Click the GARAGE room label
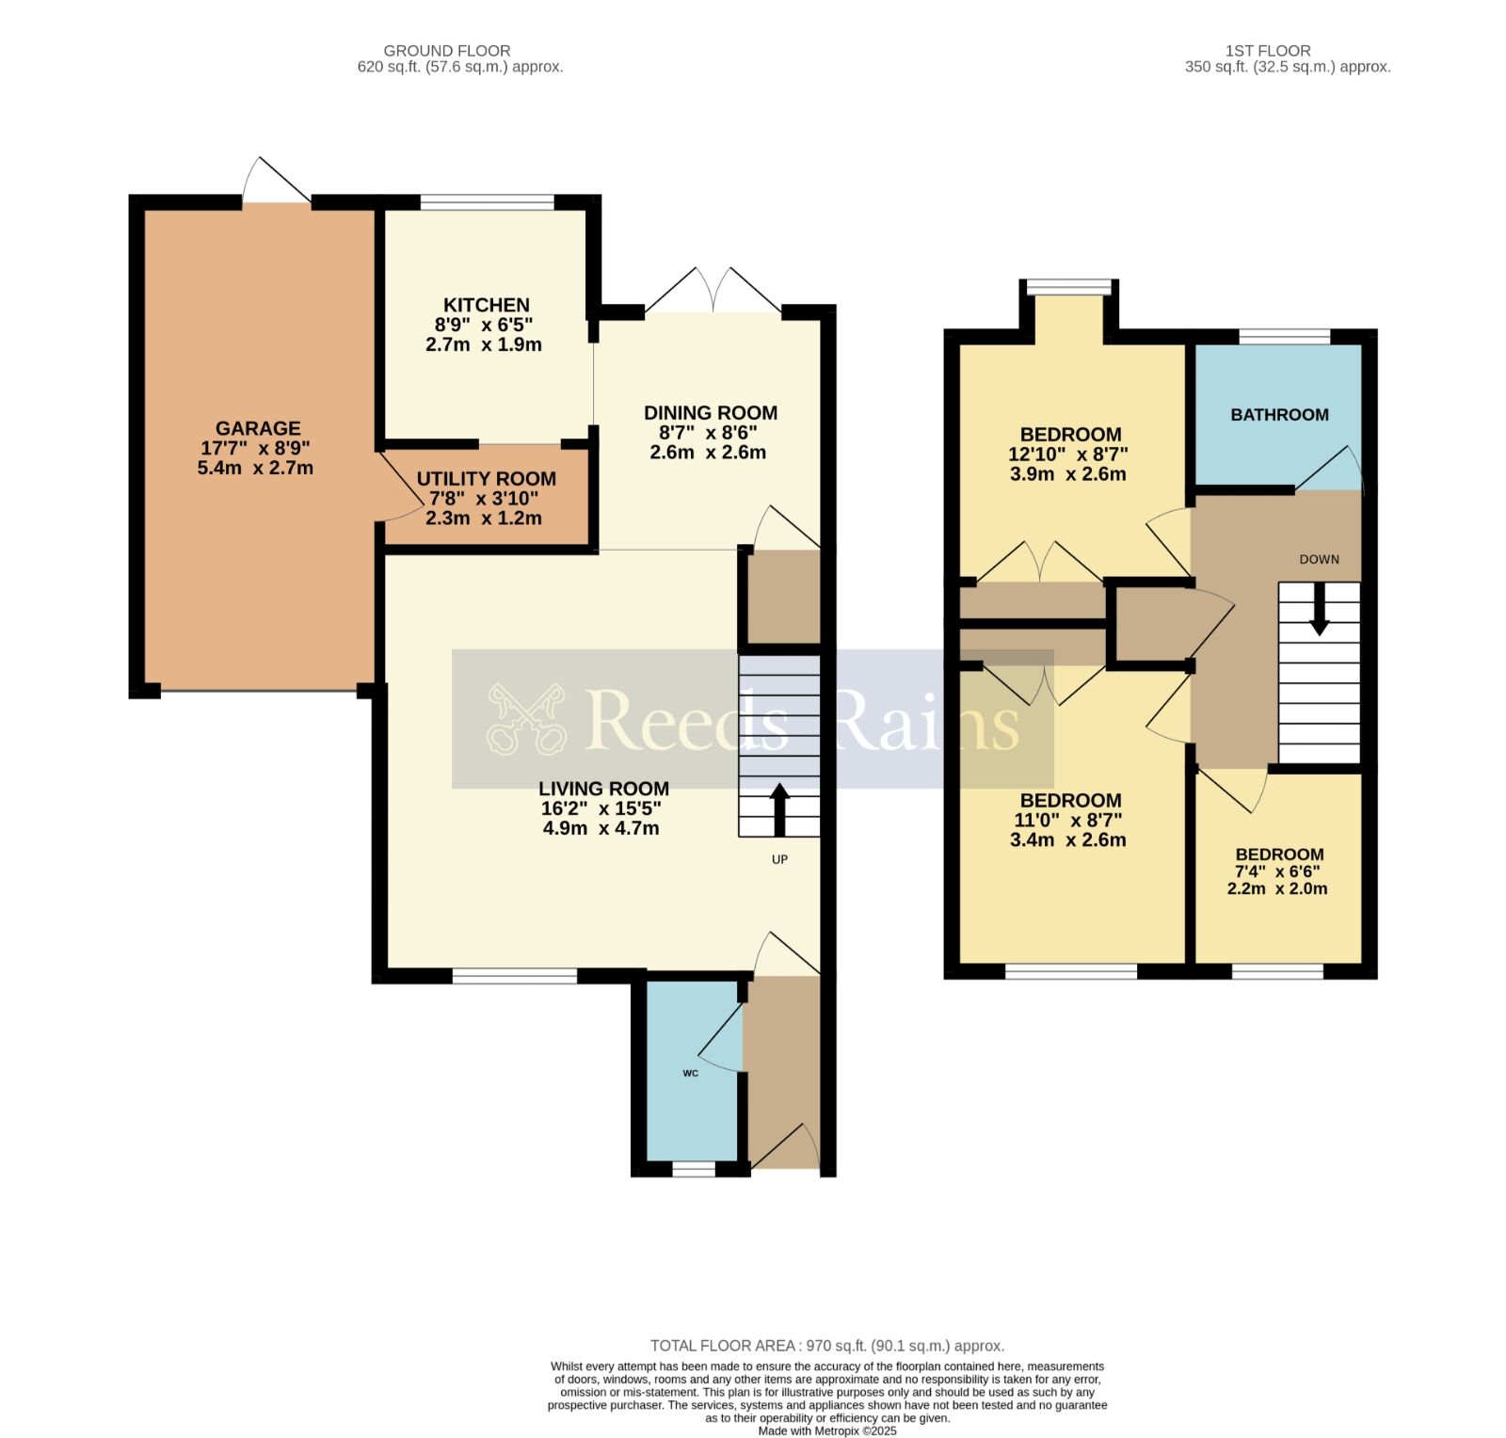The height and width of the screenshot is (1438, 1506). (258, 428)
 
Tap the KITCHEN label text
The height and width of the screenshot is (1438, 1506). (487, 305)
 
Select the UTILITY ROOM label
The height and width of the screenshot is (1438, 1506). (487, 479)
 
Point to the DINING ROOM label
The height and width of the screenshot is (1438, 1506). (711, 412)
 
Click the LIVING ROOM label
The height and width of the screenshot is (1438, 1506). (603, 789)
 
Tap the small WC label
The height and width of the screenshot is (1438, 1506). (691, 1074)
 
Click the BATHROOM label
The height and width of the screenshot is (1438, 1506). (1279, 415)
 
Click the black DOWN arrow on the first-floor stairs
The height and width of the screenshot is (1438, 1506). (1320, 609)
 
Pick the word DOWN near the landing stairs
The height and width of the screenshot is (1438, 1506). (1319, 559)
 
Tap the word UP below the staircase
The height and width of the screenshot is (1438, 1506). (779, 859)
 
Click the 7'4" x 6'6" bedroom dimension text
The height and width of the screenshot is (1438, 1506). (1277, 872)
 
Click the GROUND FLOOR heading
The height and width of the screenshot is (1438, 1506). (447, 51)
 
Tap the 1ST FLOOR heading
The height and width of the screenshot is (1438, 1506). (1268, 51)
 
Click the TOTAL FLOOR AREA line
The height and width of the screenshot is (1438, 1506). (827, 1346)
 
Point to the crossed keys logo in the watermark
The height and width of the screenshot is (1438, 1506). (526, 718)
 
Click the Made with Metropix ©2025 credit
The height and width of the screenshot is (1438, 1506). (827, 1430)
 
